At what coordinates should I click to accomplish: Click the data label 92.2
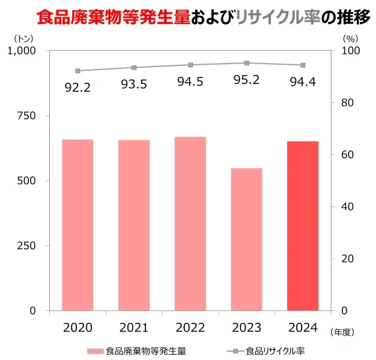[x=77, y=88]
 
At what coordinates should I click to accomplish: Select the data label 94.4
[x=303, y=82]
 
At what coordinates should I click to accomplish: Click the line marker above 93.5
[x=134, y=67]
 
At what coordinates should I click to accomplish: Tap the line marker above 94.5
[x=190, y=65]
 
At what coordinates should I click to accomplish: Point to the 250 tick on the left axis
[x=26, y=245]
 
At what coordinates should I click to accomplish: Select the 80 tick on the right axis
[x=349, y=103]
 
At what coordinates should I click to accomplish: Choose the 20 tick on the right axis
[x=349, y=259]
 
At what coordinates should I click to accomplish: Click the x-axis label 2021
[x=134, y=327]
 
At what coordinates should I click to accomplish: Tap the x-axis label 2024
[x=303, y=327]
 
